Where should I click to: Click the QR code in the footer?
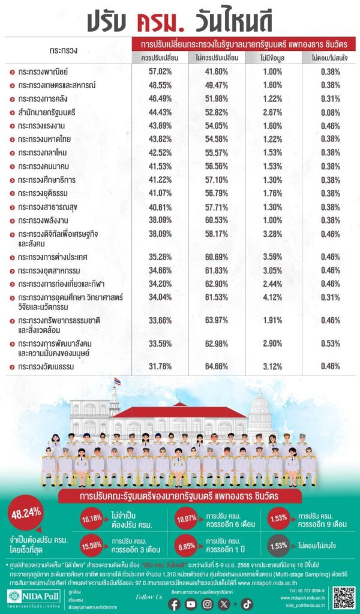(344, 598)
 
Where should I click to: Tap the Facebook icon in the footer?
(175, 604)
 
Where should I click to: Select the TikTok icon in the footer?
(247, 604)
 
